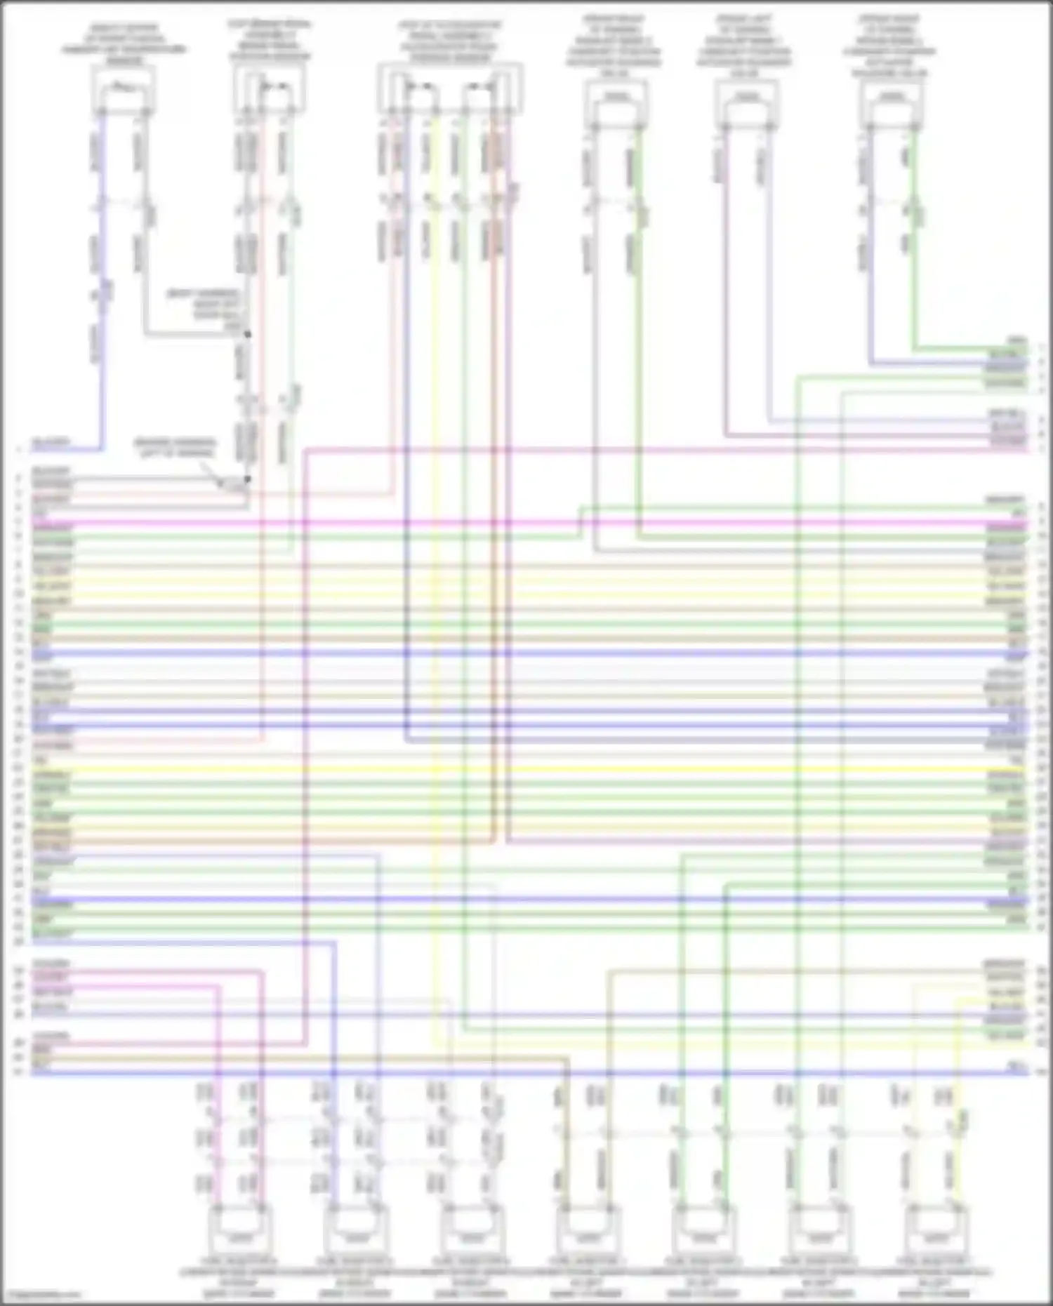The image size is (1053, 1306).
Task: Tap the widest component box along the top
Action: click(450, 88)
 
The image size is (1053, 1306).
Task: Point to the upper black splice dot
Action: click(247, 335)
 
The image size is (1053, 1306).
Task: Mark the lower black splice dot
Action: click(247, 479)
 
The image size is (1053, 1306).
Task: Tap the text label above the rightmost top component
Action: click(890, 46)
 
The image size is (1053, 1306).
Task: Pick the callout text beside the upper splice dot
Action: click(204, 309)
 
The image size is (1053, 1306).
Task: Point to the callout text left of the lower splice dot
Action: click(175, 448)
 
